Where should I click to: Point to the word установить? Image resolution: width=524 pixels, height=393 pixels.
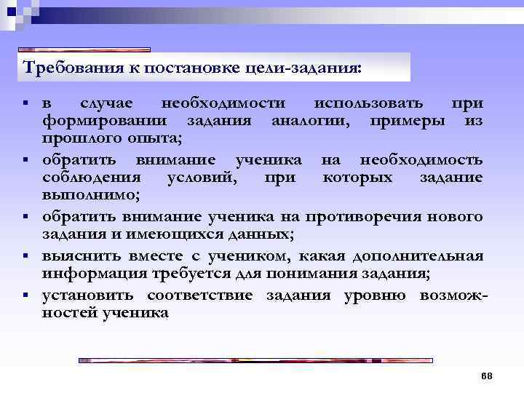[x=88, y=295]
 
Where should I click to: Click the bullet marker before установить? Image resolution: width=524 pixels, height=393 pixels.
[x=25, y=295]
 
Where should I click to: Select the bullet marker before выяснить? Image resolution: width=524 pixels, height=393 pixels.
[x=25, y=255]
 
